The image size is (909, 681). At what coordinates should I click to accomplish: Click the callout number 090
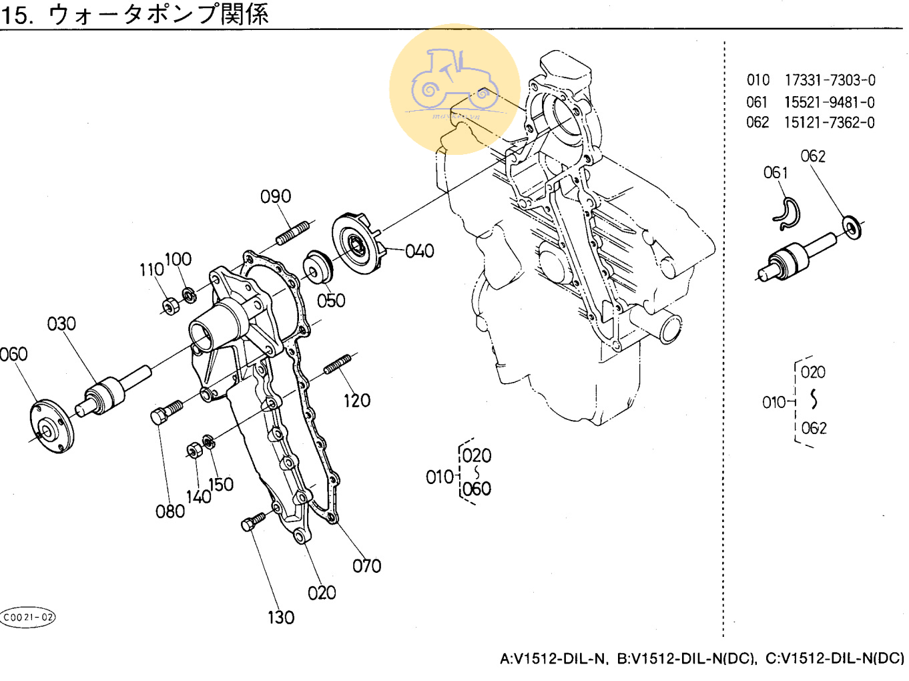click(276, 196)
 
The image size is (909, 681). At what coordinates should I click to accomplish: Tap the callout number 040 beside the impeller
click(419, 251)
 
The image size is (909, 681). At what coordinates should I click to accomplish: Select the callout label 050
click(331, 300)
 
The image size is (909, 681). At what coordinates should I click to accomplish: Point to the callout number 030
click(61, 324)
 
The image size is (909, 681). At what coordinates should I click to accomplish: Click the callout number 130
click(281, 618)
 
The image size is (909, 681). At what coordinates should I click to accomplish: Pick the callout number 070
click(366, 566)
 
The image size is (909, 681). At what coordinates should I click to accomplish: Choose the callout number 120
click(356, 401)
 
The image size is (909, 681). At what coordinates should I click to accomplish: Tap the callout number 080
click(170, 511)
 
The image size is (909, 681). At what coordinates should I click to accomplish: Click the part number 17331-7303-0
click(830, 80)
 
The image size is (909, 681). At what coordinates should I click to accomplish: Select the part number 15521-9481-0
click(829, 102)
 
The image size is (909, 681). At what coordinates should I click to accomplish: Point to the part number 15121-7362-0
click(829, 123)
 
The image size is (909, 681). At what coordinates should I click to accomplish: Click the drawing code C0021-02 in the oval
click(28, 617)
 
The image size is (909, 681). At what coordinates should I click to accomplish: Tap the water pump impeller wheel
click(359, 243)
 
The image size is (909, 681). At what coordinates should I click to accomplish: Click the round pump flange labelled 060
click(51, 426)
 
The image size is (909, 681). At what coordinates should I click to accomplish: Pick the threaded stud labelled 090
click(292, 233)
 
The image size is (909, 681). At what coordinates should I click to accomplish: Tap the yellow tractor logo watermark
click(454, 88)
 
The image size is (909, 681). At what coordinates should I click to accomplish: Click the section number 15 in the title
click(16, 14)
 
